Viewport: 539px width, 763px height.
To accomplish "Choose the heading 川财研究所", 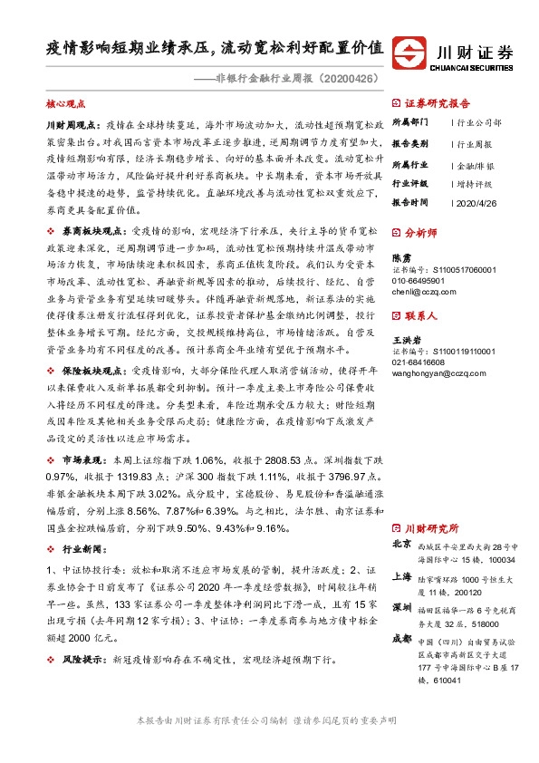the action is tap(430, 527).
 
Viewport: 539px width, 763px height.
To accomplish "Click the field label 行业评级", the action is tap(409, 182).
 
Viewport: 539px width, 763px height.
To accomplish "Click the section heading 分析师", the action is tap(421, 232).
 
